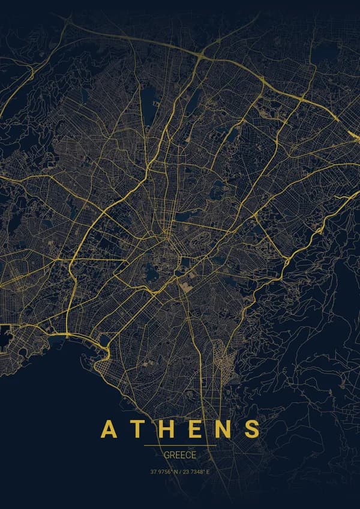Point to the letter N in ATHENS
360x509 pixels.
[223, 429]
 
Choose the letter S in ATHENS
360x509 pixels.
[252, 429]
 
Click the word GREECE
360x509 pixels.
[180, 456]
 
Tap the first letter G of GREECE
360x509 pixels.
[166, 456]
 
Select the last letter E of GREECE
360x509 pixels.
[194, 456]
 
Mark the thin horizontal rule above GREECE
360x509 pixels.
[180, 446]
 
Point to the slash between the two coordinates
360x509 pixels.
[182, 472]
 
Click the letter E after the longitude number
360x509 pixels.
[208, 472]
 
